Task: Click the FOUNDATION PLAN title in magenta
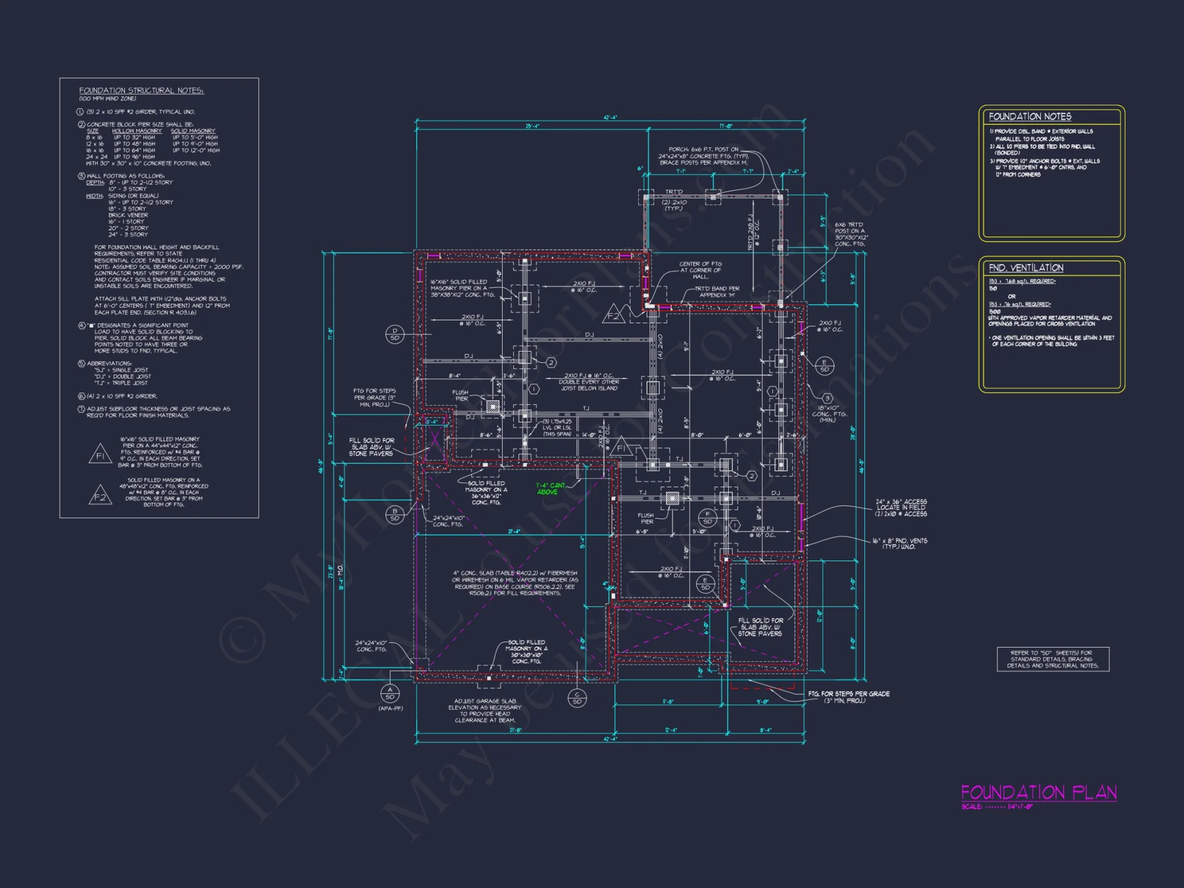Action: pos(1038,792)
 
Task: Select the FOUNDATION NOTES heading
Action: pos(1029,117)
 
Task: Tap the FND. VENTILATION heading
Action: pos(1026,268)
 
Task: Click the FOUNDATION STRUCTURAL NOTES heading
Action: pos(141,91)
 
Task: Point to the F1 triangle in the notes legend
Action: pos(100,455)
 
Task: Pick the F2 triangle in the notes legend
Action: pos(100,496)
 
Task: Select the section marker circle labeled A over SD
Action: pos(390,693)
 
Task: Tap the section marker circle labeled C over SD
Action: pos(577,698)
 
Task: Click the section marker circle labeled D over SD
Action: pos(395,334)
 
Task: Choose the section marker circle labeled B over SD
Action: pos(395,514)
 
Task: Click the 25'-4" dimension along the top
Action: pos(532,126)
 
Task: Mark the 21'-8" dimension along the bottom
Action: pos(516,730)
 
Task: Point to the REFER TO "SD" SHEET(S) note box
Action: pos(1053,659)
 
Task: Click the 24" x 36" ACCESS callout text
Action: pos(901,507)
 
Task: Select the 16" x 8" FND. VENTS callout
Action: pos(899,543)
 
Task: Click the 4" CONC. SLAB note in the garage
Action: pos(514,583)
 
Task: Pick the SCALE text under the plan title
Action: pos(997,807)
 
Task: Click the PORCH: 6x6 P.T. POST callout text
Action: pos(703,156)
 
